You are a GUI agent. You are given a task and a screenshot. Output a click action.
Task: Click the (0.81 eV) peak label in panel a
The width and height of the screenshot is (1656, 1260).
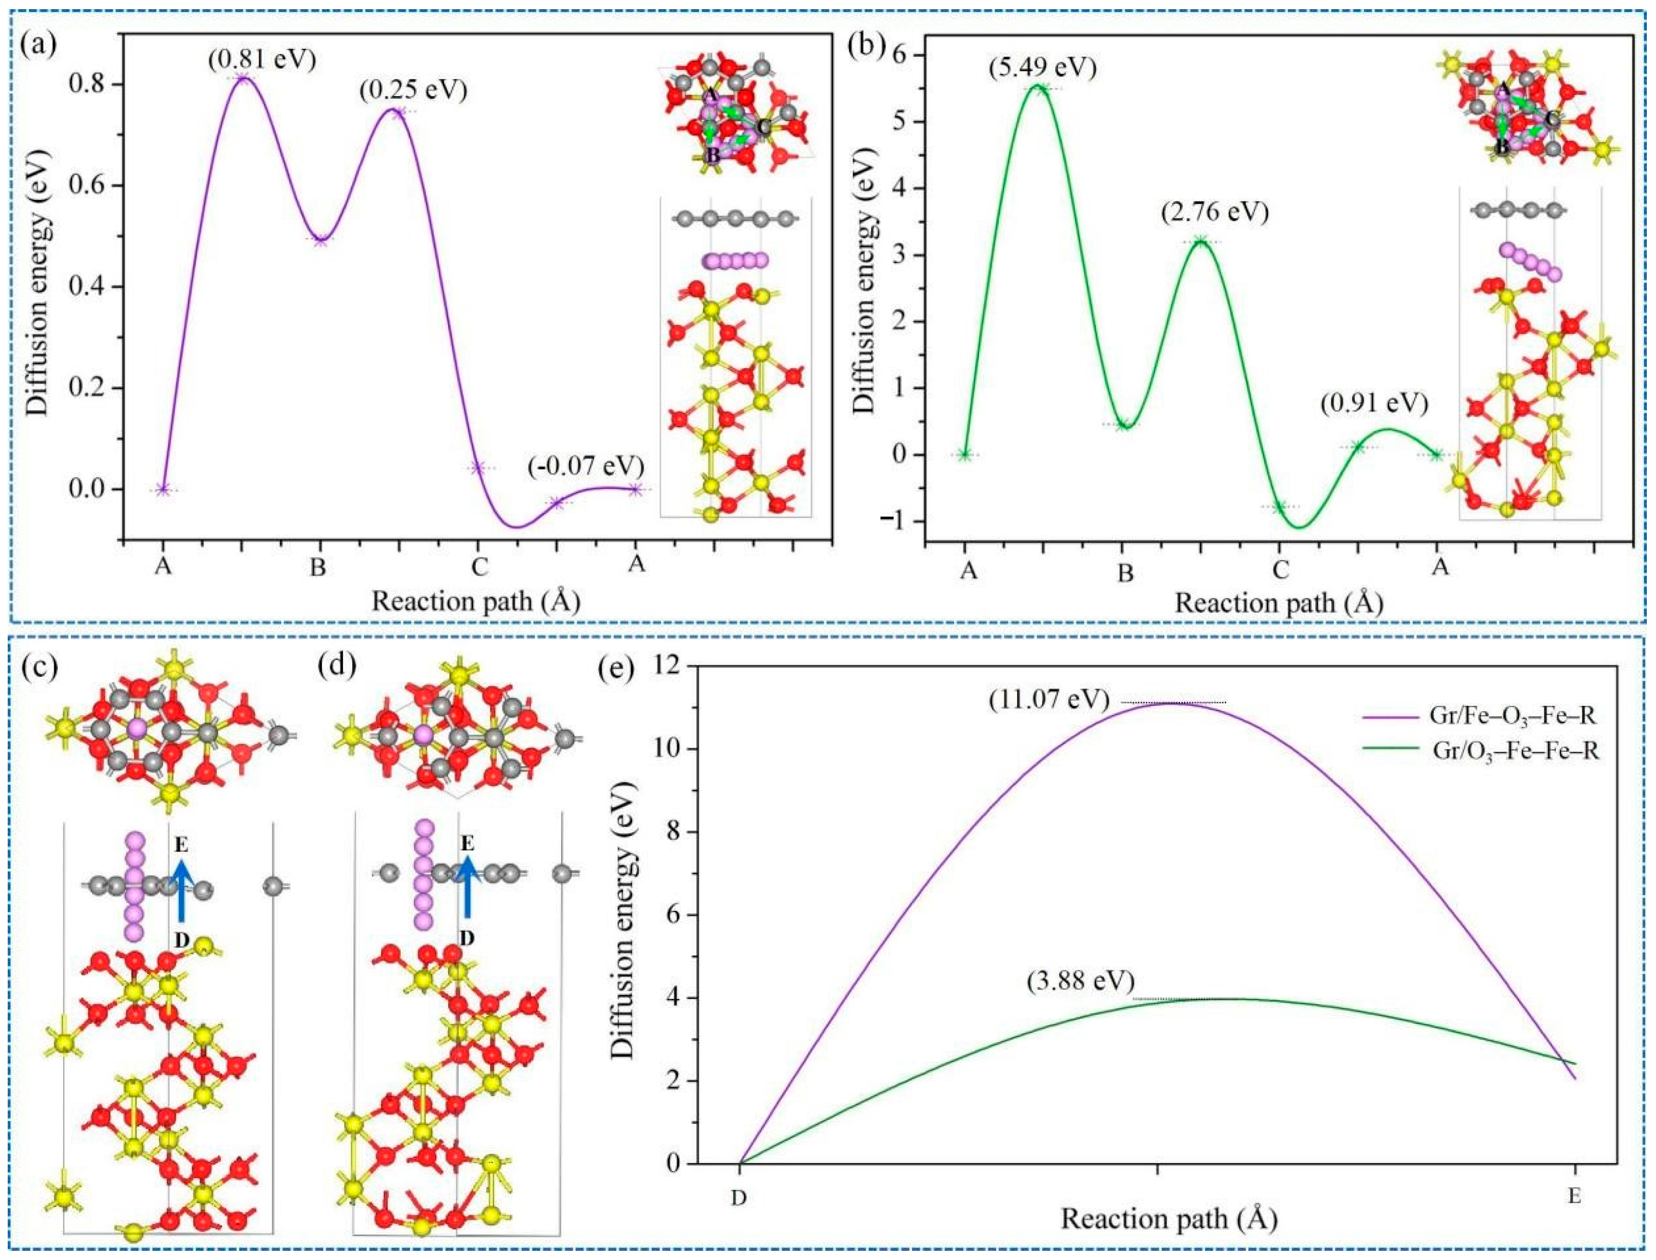click(262, 58)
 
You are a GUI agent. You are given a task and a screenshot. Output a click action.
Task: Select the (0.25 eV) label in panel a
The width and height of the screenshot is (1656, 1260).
click(413, 90)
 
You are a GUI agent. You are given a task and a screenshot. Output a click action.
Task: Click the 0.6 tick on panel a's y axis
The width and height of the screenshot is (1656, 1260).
click(96, 186)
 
